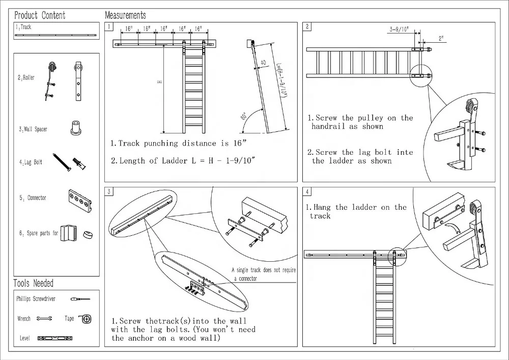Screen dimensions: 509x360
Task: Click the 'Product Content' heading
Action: click(40, 15)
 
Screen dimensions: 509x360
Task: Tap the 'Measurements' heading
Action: click(125, 15)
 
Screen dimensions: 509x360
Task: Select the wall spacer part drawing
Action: click(76, 128)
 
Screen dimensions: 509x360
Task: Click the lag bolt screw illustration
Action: click(62, 162)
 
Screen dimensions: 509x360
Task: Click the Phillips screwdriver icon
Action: click(80, 299)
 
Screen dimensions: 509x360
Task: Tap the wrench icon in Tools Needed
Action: click(44, 319)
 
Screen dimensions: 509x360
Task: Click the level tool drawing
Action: click(55, 338)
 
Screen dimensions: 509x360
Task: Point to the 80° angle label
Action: click(244, 116)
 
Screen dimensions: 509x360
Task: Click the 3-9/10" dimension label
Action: click(399, 29)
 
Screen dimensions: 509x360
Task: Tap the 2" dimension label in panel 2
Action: click(441, 38)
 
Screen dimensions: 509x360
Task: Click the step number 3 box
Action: click(109, 191)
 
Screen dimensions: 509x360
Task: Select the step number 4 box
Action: click(307, 191)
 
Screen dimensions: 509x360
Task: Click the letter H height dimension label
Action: click(159, 82)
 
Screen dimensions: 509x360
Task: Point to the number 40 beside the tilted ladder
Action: click(263, 62)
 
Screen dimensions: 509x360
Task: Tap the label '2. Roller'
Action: click(26, 78)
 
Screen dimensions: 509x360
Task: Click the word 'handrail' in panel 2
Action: click(329, 126)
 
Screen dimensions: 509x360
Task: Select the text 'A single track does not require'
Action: click(264, 270)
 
